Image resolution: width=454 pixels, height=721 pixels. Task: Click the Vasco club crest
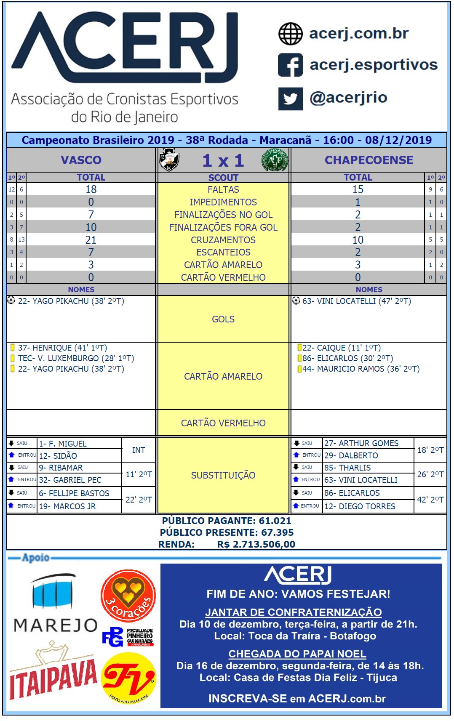pos(169,160)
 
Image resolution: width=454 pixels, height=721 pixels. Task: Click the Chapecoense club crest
pos(275,160)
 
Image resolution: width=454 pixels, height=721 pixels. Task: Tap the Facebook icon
pos(290,65)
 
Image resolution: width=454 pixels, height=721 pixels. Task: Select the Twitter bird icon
pos(290,98)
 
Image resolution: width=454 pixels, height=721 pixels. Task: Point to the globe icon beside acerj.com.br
pos(290,34)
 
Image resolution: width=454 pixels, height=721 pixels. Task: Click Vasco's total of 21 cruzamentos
pos(91,240)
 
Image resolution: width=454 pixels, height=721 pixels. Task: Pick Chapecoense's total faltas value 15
pos(358,189)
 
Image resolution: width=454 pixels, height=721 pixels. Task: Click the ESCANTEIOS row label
pos(223,252)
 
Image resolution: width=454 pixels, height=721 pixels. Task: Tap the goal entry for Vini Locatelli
pos(356,301)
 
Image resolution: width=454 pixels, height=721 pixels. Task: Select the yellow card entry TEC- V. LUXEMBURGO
pos(76,358)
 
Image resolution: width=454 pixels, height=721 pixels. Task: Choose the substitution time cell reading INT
pos(139,450)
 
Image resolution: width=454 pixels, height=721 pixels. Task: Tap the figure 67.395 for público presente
pos(277,532)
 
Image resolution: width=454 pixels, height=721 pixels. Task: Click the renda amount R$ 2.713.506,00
pos(256,544)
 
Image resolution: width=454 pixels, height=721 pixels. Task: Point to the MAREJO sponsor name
pos(56,625)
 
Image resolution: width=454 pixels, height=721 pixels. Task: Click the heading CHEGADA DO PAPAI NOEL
pos(297,654)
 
